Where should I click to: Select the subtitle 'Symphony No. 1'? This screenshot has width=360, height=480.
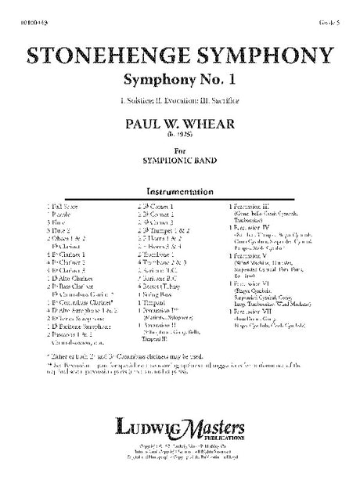coord(179,81)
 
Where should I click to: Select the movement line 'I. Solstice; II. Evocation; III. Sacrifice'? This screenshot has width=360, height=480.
coord(180,102)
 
